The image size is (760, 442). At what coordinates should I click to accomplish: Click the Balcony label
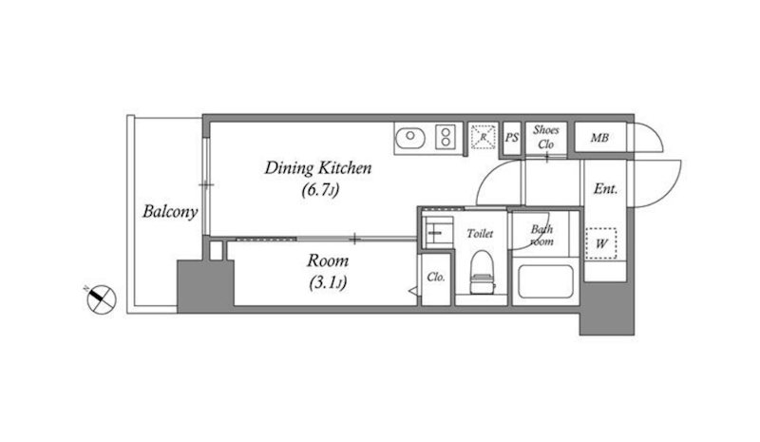(x=170, y=212)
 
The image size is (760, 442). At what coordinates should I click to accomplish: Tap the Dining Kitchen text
(x=318, y=168)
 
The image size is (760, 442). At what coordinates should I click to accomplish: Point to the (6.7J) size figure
(x=319, y=189)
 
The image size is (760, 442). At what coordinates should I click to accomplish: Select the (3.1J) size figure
(x=328, y=282)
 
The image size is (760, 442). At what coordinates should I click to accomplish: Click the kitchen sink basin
(x=410, y=138)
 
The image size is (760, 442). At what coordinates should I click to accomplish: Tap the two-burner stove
(x=446, y=136)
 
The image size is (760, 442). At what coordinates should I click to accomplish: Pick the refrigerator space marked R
(x=484, y=136)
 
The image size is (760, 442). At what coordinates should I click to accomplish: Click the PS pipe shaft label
(x=512, y=138)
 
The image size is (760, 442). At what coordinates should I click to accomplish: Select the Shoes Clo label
(x=545, y=137)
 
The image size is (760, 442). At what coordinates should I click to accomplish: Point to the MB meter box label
(x=599, y=138)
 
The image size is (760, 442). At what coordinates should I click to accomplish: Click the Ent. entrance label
(x=606, y=189)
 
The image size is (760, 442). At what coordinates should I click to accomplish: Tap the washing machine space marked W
(x=601, y=243)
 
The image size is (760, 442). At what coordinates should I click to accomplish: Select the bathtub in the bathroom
(x=545, y=281)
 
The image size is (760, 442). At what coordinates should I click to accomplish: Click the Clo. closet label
(x=436, y=277)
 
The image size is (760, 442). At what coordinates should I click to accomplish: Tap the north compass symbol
(x=102, y=298)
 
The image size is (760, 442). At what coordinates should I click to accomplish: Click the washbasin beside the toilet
(x=438, y=232)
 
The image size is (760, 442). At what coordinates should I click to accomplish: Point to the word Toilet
(x=480, y=234)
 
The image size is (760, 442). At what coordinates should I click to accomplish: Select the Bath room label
(x=541, y=235)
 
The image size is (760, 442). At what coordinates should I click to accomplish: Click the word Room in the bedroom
(x=328, y=261)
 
